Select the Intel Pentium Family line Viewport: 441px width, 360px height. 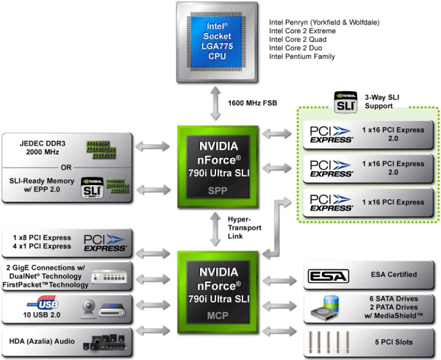(302, 57)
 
